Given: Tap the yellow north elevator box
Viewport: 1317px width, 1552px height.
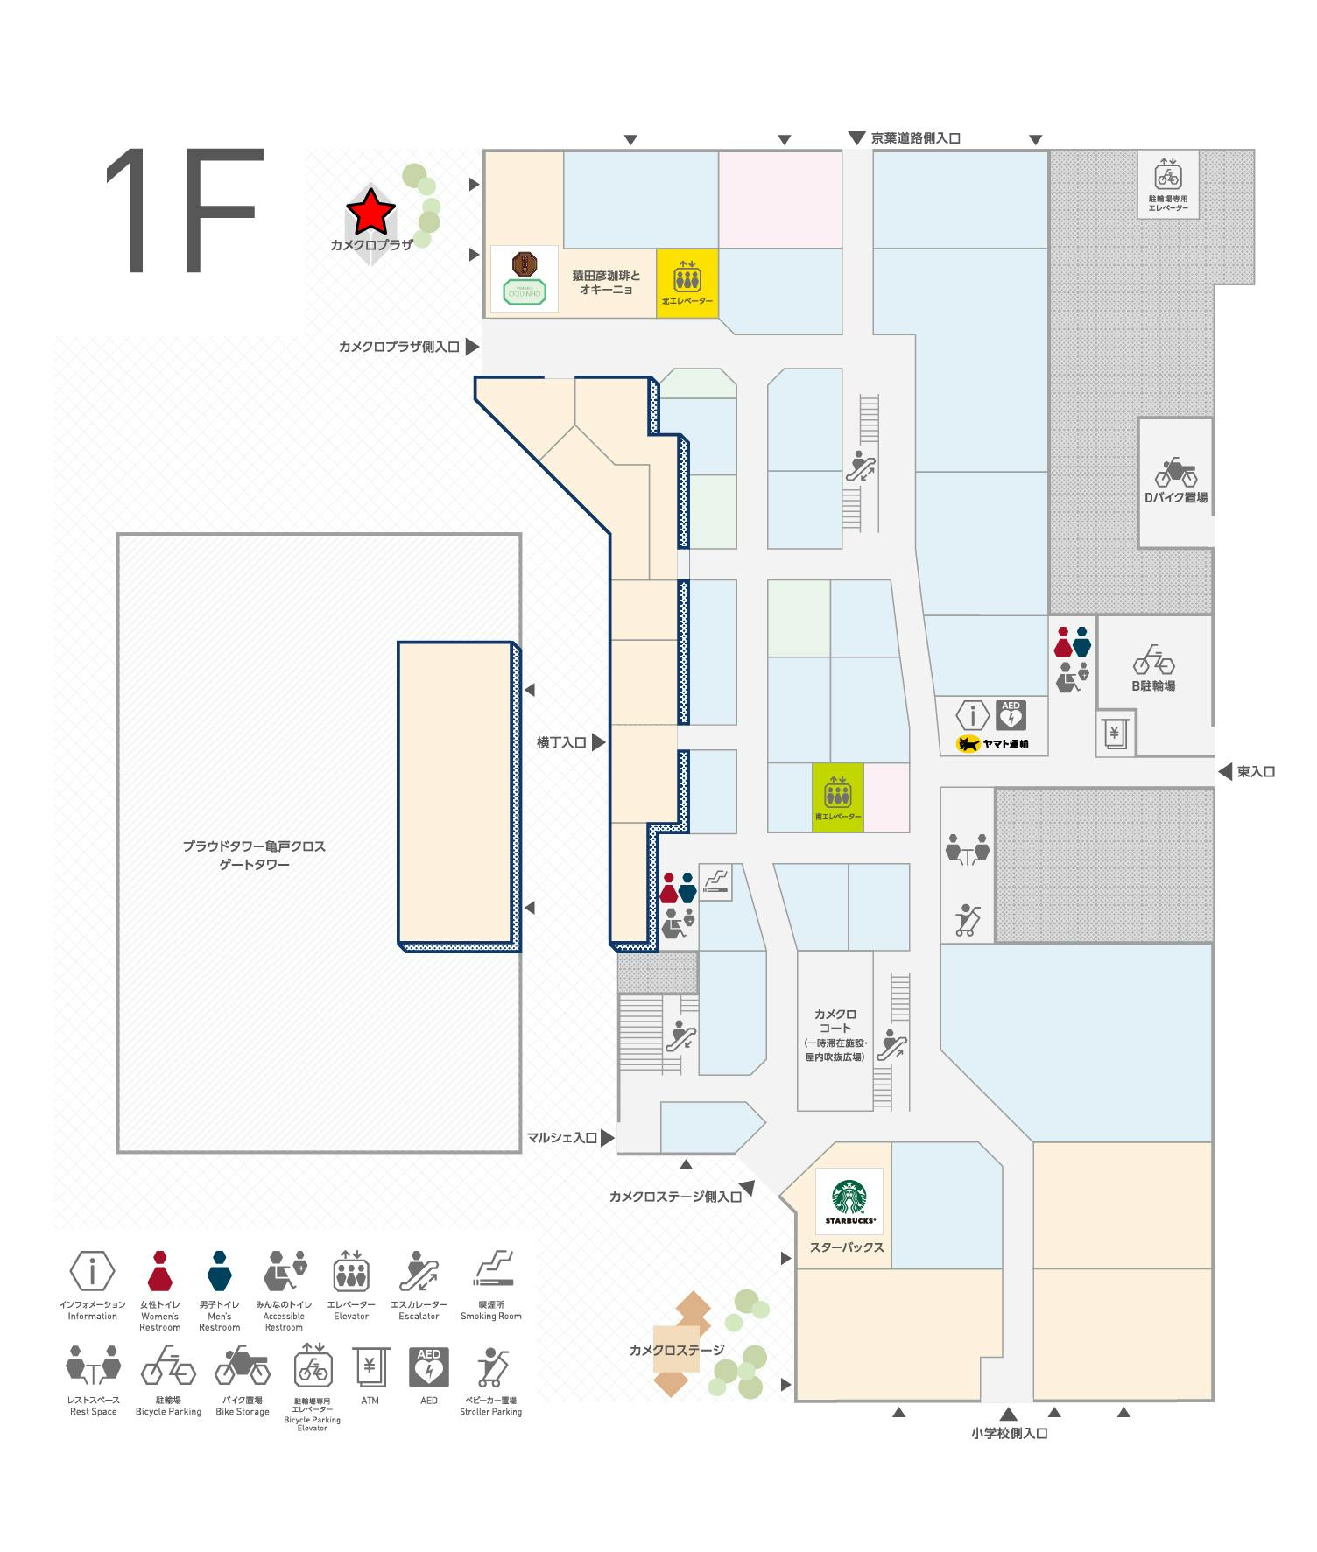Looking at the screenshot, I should (x=687, y=282).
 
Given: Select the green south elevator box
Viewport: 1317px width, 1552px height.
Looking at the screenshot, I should (x=838, y=797).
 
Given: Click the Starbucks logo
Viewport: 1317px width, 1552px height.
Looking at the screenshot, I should (x=849, y=1200).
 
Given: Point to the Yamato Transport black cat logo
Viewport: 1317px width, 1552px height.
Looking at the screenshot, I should (x=968, y=744).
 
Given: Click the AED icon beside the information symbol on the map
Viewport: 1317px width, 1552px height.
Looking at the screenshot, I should (x=1011, y=715).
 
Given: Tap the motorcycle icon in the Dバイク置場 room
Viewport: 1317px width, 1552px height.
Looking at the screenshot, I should (x=1175, y=474).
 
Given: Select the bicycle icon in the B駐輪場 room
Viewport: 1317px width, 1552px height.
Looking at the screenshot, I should (x=1152, y=660).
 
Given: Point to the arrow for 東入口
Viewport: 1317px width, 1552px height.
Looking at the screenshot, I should (x=1224, y=771).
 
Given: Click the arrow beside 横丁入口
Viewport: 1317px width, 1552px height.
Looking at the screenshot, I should (x=599, y=742).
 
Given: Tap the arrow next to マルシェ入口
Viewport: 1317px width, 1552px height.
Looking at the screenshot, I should (x=606, y=1137).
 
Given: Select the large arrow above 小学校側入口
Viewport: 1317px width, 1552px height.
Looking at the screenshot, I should (x=1009, y=1414).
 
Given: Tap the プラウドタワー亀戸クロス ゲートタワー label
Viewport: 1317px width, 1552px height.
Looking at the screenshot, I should (x=254, y=855).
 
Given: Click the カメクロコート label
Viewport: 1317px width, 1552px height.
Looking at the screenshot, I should (x=835, y=1021).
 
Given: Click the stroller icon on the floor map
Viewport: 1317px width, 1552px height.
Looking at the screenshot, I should (x=968, y=920).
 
